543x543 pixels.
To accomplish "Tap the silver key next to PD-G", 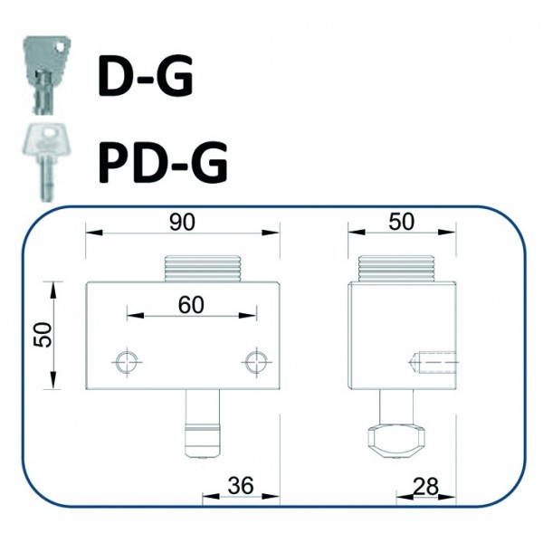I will [43, 158].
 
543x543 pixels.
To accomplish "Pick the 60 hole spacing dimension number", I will [190, 305].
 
